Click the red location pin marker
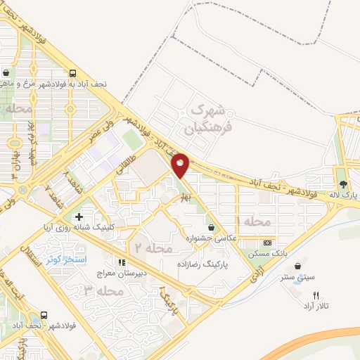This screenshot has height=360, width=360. coord(181,165)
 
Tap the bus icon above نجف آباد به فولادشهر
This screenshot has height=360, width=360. coord(74,72)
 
